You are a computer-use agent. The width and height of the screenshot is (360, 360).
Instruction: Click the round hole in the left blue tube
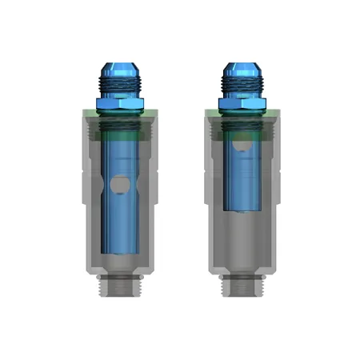pyautogui.click(x=120, y=186)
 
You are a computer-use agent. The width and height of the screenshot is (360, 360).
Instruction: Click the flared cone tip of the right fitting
pyautogui.click(x=240, y=68)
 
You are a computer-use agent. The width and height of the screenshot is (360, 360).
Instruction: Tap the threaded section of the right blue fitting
pyautogui.click(x=240, y=82)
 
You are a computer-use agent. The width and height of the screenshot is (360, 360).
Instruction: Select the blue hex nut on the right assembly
pyautogui.click(x=240, y=102)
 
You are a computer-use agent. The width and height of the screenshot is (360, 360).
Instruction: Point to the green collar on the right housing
pyautogui.click(x=240, y=114)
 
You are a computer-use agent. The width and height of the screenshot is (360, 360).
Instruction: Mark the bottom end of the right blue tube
pyautogui.click(x=240, y=210)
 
